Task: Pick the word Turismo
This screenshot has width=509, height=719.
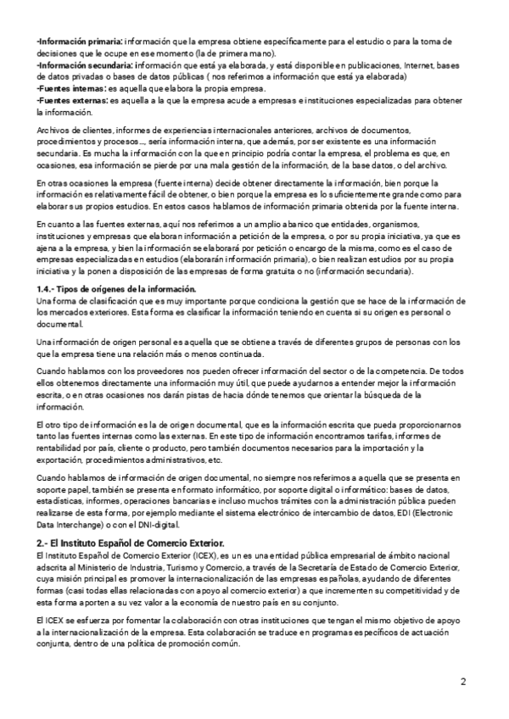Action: [x=170, y=566]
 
